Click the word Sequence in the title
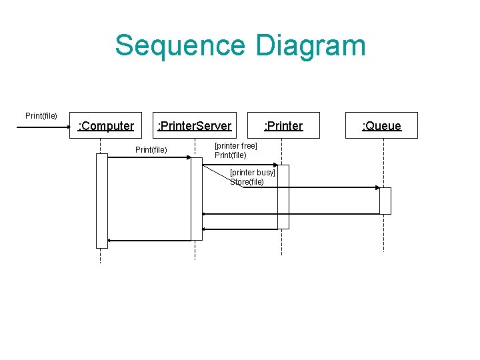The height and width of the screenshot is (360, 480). coord(180,45)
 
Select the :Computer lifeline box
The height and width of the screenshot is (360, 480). coord(106,125)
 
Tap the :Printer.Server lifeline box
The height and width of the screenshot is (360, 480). coord(194,125)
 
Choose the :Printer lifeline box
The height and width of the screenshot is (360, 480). coord(283,125)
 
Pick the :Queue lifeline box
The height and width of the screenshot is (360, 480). coord(381,125)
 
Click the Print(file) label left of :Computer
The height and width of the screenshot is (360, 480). coord(41,116)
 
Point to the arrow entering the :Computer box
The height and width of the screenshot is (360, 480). coord(43,125)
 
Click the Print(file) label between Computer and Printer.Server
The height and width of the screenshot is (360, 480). coord(151,149)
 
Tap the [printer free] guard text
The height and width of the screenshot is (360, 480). coord(235,146)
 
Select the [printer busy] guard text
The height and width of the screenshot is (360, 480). coord(252,173)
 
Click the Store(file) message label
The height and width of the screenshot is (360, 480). coord(247,182)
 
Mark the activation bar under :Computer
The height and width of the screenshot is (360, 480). coord(101,200)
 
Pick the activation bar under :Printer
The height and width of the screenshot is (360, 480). coord(283,197)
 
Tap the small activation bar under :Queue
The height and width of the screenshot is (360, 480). coord(385,201)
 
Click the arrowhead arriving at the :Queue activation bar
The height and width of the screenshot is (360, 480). coord(377,188)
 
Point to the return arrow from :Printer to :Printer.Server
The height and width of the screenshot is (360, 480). coord(240,229)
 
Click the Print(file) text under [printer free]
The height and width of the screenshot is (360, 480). coord(230,155)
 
